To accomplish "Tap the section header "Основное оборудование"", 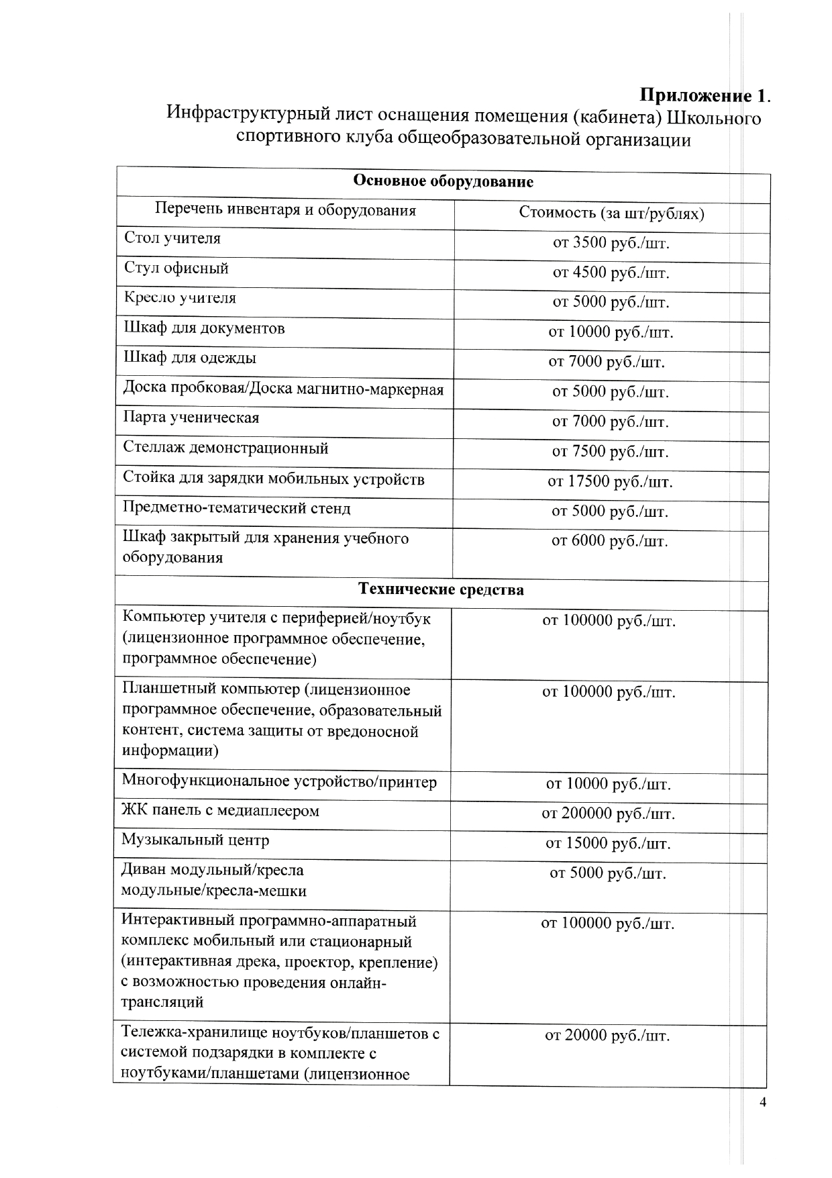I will click(x=443, y=181).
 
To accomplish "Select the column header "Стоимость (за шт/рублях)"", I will click(x=611, y=213).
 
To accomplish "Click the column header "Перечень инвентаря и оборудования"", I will click(x=285, y=210).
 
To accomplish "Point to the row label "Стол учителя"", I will click(x=172, y=238).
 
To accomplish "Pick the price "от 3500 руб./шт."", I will click(x=611, y=242).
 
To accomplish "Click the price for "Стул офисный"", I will click(x=611, y=273).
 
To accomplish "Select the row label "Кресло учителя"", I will click(x=180, y=297).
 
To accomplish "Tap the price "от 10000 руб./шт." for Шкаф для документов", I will click(x=611, y=332).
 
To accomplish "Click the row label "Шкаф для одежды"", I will click(x=190, y=358).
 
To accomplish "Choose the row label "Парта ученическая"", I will click(x=191, y=418).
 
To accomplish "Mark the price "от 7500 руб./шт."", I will click(x=611, y=451).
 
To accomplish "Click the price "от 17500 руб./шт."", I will click(x=610, y=481).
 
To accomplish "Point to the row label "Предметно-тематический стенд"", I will click(x=236, y=508).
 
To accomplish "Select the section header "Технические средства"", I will click(x=441, y=590).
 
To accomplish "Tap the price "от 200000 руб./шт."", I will click(x=608, y=814).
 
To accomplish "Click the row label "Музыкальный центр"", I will click(x=195, y=840).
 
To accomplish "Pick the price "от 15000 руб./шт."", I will click(x=608, y=843).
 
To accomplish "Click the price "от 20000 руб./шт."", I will click(x=607, y=1036).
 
